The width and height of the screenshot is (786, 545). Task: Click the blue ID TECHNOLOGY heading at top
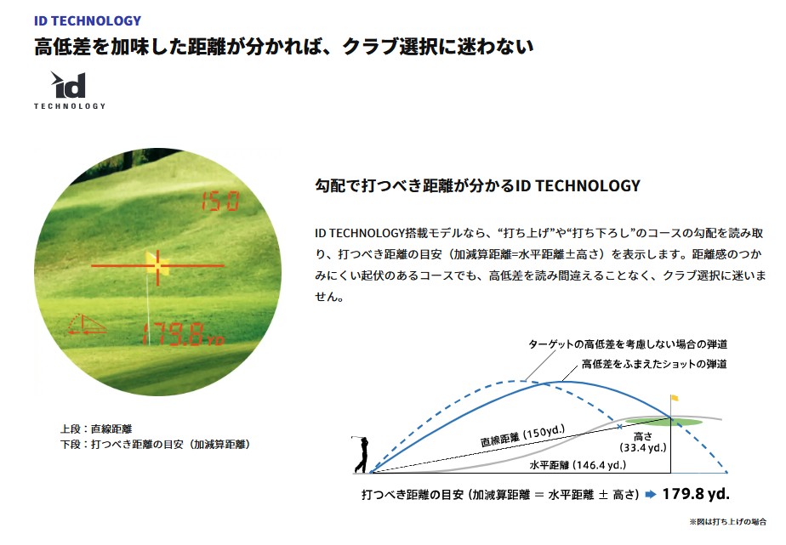(88, 21)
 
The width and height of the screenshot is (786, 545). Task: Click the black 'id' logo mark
(69, 85)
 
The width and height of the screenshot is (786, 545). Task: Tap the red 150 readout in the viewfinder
(220, 202)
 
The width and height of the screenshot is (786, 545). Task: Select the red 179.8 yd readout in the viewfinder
(183, 334)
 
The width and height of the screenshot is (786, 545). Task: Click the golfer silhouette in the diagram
(362, 454)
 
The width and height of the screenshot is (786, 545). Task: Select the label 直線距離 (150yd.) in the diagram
(522, 436)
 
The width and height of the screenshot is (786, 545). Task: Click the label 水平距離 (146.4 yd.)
(578, 465)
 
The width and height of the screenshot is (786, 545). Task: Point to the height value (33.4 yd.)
(643, 447)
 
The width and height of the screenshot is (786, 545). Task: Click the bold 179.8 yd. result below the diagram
(696, 494)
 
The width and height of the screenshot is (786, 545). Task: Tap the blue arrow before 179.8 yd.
(651, 494)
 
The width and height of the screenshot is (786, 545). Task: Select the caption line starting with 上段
(96, 429)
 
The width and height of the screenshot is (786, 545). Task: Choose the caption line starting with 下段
(156, 445)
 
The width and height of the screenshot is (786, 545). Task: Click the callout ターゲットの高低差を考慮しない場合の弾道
(628, 344)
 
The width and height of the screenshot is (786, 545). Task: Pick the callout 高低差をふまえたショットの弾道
(654, 364)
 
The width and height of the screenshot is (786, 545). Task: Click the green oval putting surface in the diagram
(664, 422)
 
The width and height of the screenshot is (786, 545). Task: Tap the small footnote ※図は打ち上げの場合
(728, 522)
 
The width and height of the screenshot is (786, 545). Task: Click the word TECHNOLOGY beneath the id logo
(70, 106)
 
